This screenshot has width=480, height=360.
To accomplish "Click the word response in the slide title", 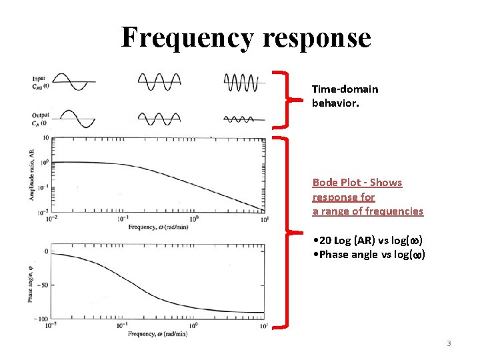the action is (x=317, y=39).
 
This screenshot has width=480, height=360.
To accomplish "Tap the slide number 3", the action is (x=449, y=343).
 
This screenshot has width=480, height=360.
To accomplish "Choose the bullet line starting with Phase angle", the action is (x=369, y=255).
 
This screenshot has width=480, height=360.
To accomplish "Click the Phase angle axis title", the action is (x=31, y=284).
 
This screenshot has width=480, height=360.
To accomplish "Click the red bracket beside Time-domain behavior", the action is (x=287, y=99).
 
